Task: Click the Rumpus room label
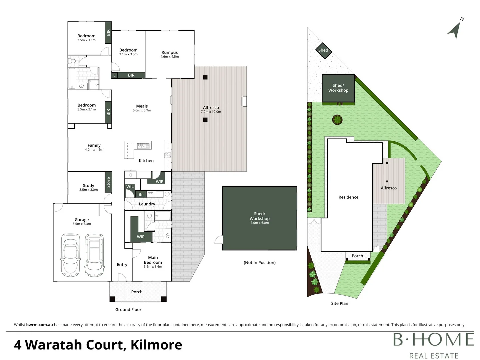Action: pos(169,52)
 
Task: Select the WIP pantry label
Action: pos(160,182)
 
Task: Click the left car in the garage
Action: pos(70,255)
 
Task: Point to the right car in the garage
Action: pos(94,255)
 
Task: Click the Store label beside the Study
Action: pos(108,182)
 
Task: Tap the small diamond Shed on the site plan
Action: pos(323,50)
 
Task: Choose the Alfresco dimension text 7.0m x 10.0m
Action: pos(211,112)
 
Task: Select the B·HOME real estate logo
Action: pos(433,345)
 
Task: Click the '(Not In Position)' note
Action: pos(260,263)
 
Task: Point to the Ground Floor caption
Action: pos(128,310)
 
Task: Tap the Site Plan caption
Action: pos(340,303)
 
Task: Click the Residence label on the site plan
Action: pos(348,197)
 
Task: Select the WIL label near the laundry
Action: pos(130,187)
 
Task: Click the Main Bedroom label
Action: pos(153,260)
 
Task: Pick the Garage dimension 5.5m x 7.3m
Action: pos(82,224)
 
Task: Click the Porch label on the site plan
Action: pos(357,256)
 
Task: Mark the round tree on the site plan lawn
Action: pos(337,119)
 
